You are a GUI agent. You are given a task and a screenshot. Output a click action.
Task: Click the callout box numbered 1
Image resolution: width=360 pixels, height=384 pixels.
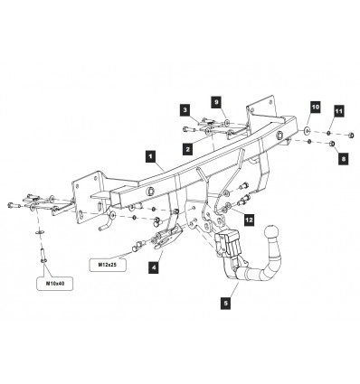[x=150, y=157]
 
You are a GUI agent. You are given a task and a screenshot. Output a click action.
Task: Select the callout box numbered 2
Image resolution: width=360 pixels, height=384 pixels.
[x=187, y=149]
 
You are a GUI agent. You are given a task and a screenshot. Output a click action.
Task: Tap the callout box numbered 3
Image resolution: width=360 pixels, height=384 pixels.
[x=185, y=110]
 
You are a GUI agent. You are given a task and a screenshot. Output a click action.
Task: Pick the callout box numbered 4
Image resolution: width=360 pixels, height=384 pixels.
[x=154, y=267]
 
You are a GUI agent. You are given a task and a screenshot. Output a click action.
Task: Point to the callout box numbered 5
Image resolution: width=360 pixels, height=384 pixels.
[x=225, y=303]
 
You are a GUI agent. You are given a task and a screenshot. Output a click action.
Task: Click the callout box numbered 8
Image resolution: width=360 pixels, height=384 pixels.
[x=344, y=159]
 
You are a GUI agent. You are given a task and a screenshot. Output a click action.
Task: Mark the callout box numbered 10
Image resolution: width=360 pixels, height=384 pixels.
[x=315, y=108]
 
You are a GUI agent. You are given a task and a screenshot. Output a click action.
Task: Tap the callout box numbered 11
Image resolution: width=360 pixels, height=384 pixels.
[x=338, y=111]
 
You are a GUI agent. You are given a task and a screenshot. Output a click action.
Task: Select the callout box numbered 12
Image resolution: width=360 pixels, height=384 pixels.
[x=249, y=220]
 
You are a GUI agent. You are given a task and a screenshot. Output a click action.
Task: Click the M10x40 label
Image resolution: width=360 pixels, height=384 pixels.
[x=54, y=284]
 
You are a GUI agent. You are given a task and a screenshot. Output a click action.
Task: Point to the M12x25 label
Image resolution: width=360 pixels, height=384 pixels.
[x=108, y=265]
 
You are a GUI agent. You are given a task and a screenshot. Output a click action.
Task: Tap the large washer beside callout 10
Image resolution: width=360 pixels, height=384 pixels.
[x=307, y=130]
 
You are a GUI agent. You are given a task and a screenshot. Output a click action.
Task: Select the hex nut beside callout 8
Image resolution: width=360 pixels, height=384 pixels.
[x=332, y=144]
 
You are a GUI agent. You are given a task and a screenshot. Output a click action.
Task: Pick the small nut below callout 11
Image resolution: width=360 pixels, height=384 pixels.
[x=329, y=134]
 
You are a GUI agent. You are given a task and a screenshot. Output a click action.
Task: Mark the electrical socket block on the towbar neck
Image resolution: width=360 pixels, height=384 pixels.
[x=227, y=243]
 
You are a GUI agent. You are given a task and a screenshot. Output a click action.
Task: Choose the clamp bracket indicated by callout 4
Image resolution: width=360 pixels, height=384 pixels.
[x=166, y=238]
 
